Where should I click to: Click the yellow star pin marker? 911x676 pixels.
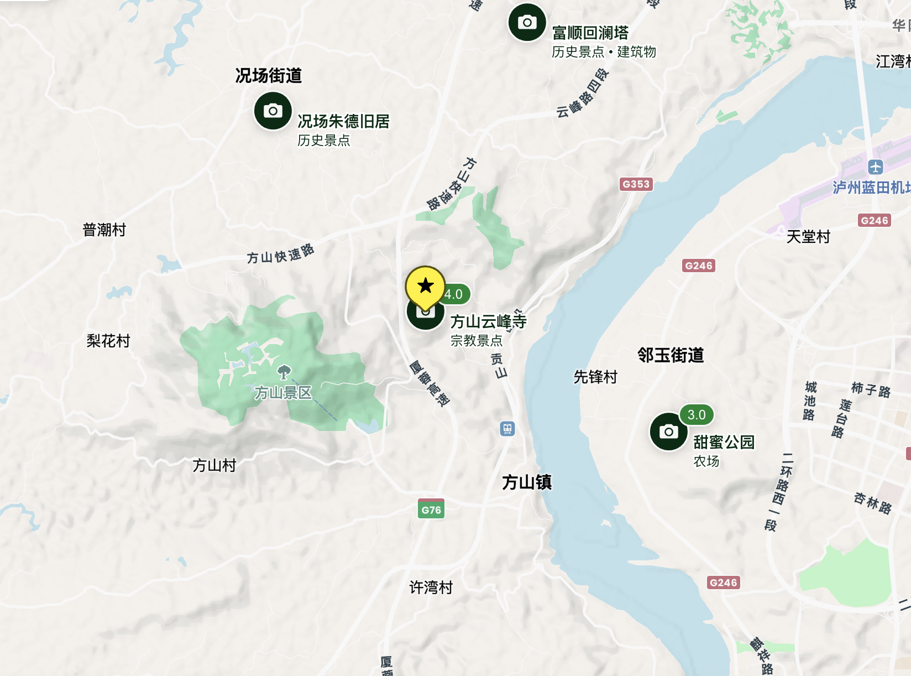(x=425, y=286)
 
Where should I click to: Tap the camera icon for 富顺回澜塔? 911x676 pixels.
(x=527, y=22)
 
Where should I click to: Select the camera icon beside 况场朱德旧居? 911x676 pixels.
(x=273, y=111)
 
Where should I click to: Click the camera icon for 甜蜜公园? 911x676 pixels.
(x=668, y=431)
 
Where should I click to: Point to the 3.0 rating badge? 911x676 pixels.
(x=697, y=415)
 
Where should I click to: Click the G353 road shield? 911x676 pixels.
(x=636, y=184)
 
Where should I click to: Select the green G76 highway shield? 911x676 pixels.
(x=431, y=509)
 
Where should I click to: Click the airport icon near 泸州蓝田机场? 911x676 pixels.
(x=875, y=167)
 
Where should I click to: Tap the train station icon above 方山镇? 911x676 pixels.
(x=507, y=428)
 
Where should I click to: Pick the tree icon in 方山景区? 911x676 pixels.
(x=284, y=372)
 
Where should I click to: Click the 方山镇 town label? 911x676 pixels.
(x=527, y=482)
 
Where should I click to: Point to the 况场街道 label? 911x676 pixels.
(x=269, y=75)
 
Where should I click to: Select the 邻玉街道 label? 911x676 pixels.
(x=671, y=355)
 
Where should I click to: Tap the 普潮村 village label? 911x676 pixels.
(x=104, y=230)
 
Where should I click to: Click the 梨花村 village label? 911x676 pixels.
(x=108, y=341)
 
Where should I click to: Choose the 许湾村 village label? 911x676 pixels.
(x=431, y=587)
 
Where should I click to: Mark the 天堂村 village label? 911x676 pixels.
(x=808, y=237)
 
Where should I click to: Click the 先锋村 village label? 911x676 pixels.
(x=595, y=377)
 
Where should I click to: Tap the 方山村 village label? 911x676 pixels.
(x=214, y=466)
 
